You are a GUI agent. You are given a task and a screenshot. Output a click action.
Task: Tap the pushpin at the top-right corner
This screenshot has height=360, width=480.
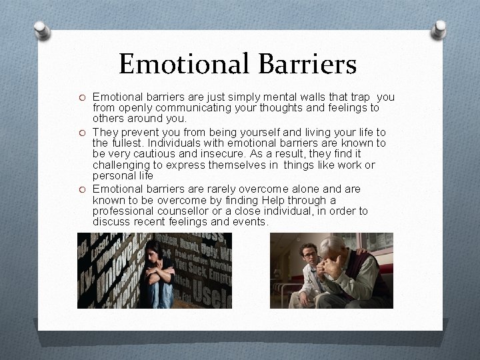(440, 29)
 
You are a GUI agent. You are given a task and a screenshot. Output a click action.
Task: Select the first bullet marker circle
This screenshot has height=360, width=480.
(82, 97)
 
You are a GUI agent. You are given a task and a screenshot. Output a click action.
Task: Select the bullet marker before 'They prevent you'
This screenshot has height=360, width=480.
(82, 133)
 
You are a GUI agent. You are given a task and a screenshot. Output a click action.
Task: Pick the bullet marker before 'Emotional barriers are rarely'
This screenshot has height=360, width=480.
(82, 189)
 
